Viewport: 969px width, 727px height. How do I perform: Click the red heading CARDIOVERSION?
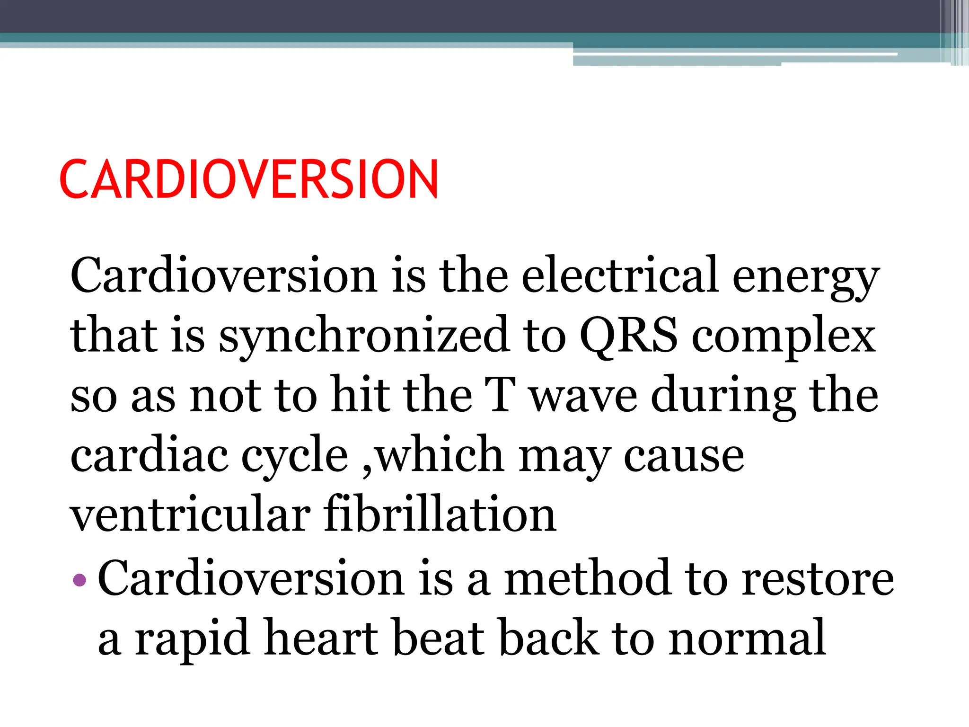[x=249, y=179]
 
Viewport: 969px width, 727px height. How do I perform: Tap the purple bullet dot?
[x=80, y=579]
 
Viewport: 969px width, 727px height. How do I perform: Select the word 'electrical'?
[x=620, y=275]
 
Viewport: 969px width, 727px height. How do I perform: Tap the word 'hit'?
[x=360, y=395]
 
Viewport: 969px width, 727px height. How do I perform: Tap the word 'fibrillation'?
[x=440, y=514]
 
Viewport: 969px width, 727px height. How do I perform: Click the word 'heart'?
[x=322, y=638]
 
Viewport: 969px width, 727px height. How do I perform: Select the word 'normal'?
[x=748, y=638]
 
